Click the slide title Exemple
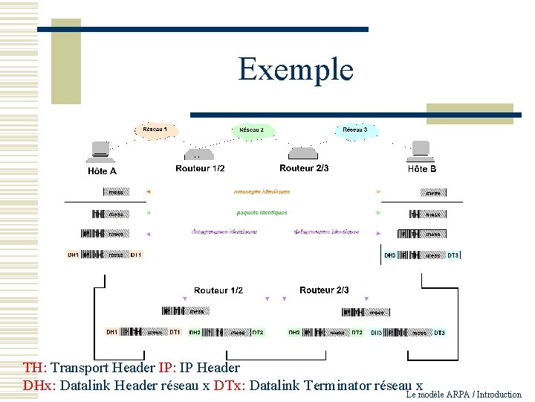click(x=296, y=69)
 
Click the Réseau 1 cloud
click(x=155, y=130)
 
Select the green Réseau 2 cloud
click(x=252, y=130)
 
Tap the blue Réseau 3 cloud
click(x=354, y=130)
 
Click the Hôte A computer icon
click(x=100, y=151)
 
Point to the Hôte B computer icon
click(x=420, y=151)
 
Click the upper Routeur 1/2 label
click(x=200, y=169)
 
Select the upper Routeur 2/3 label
click(x=304, y=168)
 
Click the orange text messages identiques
click(x=261, y=192)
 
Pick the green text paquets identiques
click(x=262, y=212)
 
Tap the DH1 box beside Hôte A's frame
click(x=74, y=255)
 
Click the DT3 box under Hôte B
click(x=453, y=255)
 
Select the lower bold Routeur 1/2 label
click(x=218, y=290)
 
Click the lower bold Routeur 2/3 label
click(x=324, y=290)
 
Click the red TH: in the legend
click(x=34, y=368)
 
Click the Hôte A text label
click(x=103, y=170)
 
